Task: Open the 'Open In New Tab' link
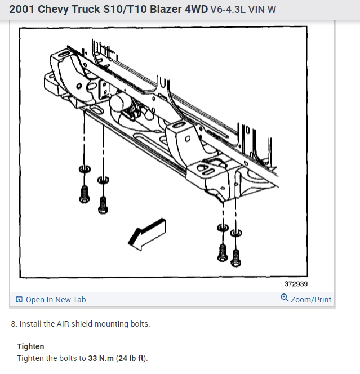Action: point(56,300)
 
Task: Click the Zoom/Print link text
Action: point(311,300)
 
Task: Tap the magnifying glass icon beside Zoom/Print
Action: point(285,299)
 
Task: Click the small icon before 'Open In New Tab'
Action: point(19,300)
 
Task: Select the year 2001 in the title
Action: point(21,10)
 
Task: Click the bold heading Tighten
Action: point(30,346)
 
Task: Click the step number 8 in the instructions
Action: point(14,324)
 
